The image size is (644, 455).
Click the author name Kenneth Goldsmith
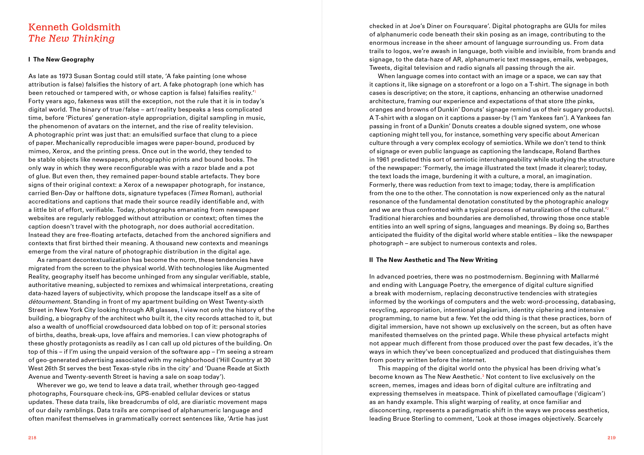click(x=74, y=27)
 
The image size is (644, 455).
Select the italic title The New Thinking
click(x=72, y=39)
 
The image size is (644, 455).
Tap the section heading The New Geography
click(x=64, y=60)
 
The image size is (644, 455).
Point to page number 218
click(x=32, y=438)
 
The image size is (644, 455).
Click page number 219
click(x=611, y=438)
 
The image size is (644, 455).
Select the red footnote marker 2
click(x=608, y=208)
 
